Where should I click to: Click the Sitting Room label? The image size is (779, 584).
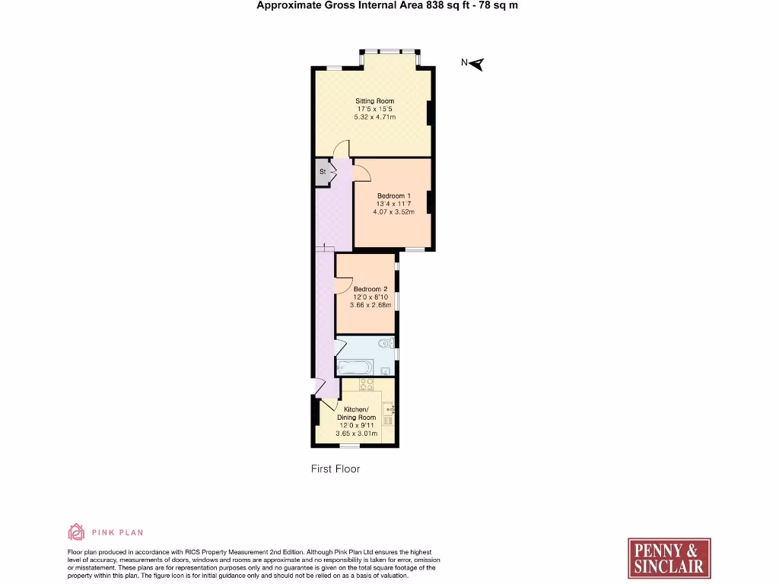click(375, 101)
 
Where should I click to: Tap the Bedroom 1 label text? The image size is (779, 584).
click(393, 195)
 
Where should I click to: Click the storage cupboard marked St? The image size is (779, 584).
click(323, 172)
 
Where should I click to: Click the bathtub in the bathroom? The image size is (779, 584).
click(355, 368)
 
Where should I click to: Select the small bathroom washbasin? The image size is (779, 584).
click(386, 371)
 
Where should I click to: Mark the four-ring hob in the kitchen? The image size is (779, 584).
click(367, 386)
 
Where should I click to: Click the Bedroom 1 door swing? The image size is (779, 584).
click(362, 173)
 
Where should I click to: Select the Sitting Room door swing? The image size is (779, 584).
click(342, 149)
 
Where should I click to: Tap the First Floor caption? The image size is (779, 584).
click(335, 469)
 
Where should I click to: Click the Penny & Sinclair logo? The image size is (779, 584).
click(669, 558)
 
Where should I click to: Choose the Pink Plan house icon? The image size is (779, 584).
click(76, 532)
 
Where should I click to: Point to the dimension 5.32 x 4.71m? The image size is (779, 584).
click(375, 116)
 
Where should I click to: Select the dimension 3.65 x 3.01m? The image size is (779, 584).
click(357, 433)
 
